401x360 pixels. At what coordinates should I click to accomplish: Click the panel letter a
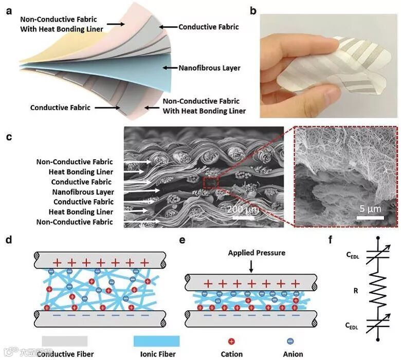[x=8, y=10]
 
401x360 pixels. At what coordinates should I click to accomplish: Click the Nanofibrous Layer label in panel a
[x=209, y=67]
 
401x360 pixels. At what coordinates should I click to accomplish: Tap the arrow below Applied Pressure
[x=251, y=265]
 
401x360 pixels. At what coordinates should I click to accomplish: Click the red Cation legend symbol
[x=231, y=341]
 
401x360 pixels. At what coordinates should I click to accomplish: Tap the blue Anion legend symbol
[x=290, y=341]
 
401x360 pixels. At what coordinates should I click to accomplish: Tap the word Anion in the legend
[x=293, y=354]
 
